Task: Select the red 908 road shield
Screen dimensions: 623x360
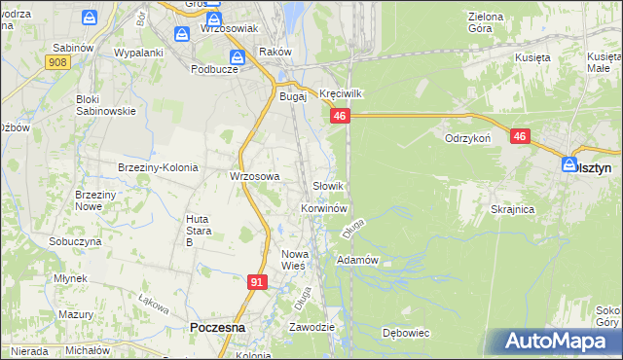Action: click(57, 61)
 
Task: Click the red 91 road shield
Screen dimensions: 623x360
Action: click(257, 282)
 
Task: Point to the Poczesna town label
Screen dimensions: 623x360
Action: click(217, 329)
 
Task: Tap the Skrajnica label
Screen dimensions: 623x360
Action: click(514, 210)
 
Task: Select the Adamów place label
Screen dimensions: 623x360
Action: click(356, 261)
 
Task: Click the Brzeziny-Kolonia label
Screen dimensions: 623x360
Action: click(158, 167)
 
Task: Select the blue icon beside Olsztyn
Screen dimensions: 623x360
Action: click(570, 165)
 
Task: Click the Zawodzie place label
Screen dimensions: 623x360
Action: click(311, 327)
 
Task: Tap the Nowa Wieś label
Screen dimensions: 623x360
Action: click(294, 259)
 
